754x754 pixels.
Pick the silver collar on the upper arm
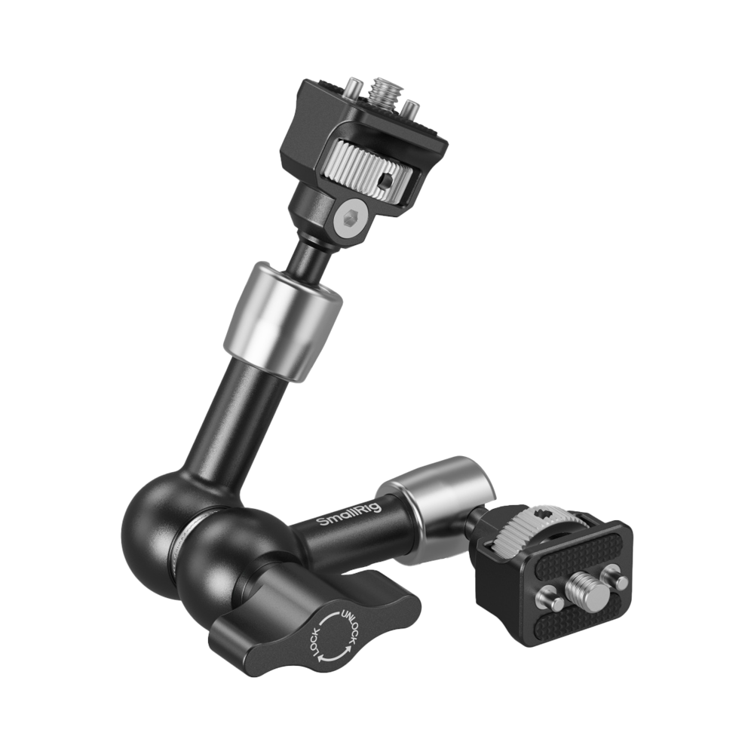click(283, 322)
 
